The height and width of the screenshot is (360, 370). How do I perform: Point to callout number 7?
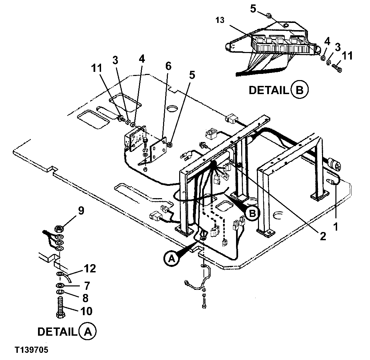pos(87,285)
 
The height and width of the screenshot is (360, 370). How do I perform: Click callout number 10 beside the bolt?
pos(86,311)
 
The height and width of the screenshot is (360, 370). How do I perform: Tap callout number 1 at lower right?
pos(335,227)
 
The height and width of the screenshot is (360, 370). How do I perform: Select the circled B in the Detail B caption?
pos(299,90)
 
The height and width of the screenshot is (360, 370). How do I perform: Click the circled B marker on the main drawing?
pos(252,213)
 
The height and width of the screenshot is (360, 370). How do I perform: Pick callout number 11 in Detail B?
pos(347,55)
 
